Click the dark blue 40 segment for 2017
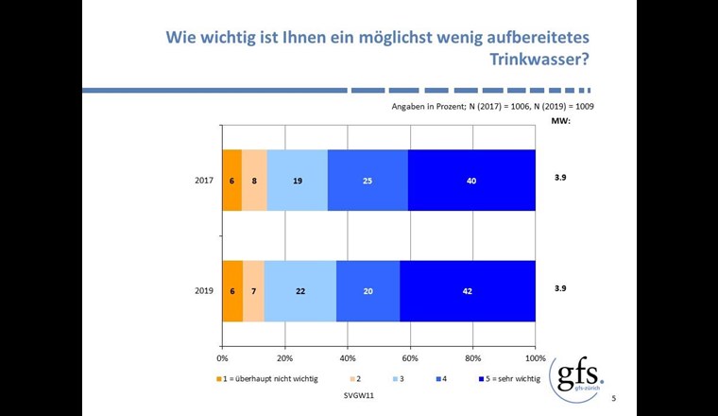pyautogui.click(x=471, y=180)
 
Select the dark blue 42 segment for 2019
pyautogui.click(x=468, y=291)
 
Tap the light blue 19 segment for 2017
pyautogui.click(x=298, y=180)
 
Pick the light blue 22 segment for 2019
pyautogui.click(x=299, y=291)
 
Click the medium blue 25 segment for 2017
pyautogui.click(x=368, y=180)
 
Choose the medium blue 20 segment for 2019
pyautogui.click(x=368, y=291)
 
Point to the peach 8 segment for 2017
pyautogui.click(x=255, y=180)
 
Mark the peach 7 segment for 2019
pyautogui.click(x=253, y=291)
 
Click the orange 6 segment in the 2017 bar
pyautogui.click(x=231, y=180)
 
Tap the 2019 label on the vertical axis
pyautogui.click(x=204, y=291)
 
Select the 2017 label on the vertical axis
pyautogui.click(x=204, y=180)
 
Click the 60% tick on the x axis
pyautogui.click(x=410, y=358)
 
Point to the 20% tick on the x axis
pyautogui.click(x=284, y=358)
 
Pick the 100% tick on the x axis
pyautogui.click(x=535, y=358)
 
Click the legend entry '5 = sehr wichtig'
pyautogui.click(x=509, y=379)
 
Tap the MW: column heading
pyautogui.click(x=561, y=121)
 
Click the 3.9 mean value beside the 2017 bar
pyautogui.click(x=561, y=177)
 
